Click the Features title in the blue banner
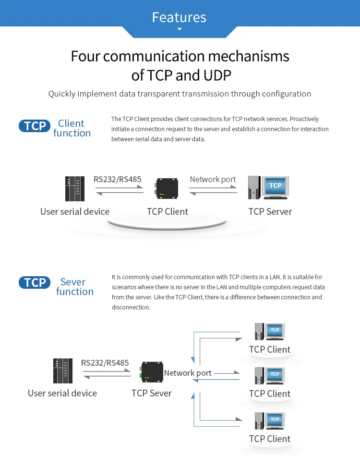click(179, 17)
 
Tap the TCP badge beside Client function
click(35, 126)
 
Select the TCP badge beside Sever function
click(35, 283)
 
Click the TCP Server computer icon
click(268, 188)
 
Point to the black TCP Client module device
click(167, 188)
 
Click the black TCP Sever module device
click(151, 372)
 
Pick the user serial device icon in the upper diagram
click(75, 189)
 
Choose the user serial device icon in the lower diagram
click(63, 371)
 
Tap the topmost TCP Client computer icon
click(270, 332)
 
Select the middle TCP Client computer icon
click(270, 376)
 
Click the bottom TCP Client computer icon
click(270, 421)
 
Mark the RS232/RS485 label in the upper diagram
click(117, 179)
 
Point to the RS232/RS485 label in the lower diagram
click(105, 363)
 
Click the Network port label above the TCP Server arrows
click(213, 179)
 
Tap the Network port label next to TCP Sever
click(187, 373)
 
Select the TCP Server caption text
click(270, 211)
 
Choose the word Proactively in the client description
click(304, 119)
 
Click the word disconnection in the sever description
click(131, 307)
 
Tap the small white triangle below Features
click(180, 29)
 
